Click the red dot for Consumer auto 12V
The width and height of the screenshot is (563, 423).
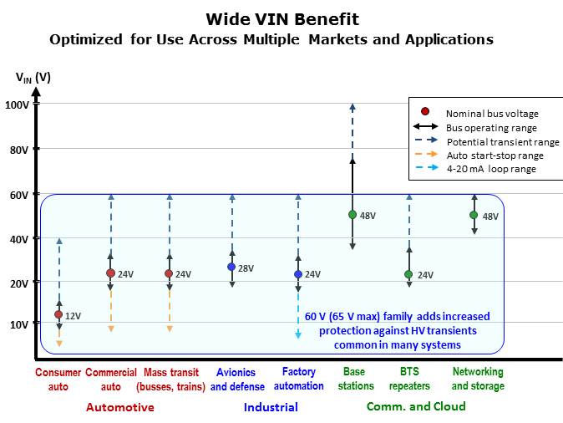(58, 314)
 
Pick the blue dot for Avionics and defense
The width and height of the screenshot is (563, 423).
(232, 267)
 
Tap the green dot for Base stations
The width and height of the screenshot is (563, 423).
(353, 215)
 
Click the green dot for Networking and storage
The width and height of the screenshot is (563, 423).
(474, 215)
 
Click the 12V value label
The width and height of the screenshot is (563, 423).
(73, 316)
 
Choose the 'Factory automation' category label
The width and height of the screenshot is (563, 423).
(298, 379)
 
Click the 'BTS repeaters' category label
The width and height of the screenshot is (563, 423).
(409, 379)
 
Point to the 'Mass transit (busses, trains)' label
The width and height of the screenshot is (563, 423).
(170, 379)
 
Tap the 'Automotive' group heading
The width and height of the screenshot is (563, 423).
(120, 407)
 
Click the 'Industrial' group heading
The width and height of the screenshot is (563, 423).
(271, 407)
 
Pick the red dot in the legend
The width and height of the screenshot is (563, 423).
(425, 112)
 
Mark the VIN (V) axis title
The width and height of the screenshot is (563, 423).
(33, 78)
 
